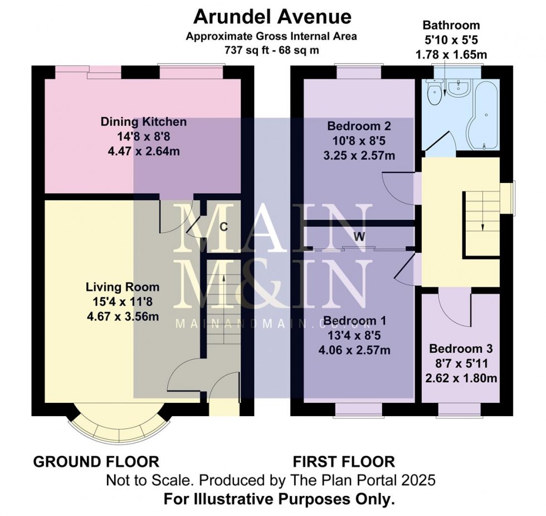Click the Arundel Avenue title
[272, 17]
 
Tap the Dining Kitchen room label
[143, 122]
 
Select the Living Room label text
[123, 287]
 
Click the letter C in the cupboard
[223, 227]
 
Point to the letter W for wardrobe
[360, 237]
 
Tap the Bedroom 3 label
[460, 349]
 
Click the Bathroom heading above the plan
[451, 26]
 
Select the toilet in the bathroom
[433, 91]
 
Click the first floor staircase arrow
[482, 225]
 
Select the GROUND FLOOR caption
[96, 462]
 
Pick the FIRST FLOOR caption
[344, 462]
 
